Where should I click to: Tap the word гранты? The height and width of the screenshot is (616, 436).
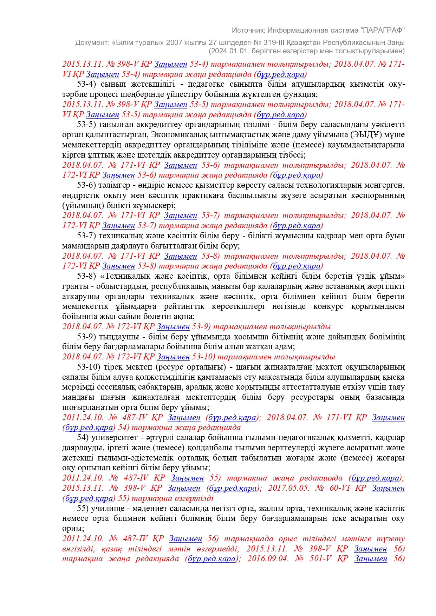[74, 286]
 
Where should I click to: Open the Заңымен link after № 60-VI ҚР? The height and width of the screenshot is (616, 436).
[388, 488]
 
